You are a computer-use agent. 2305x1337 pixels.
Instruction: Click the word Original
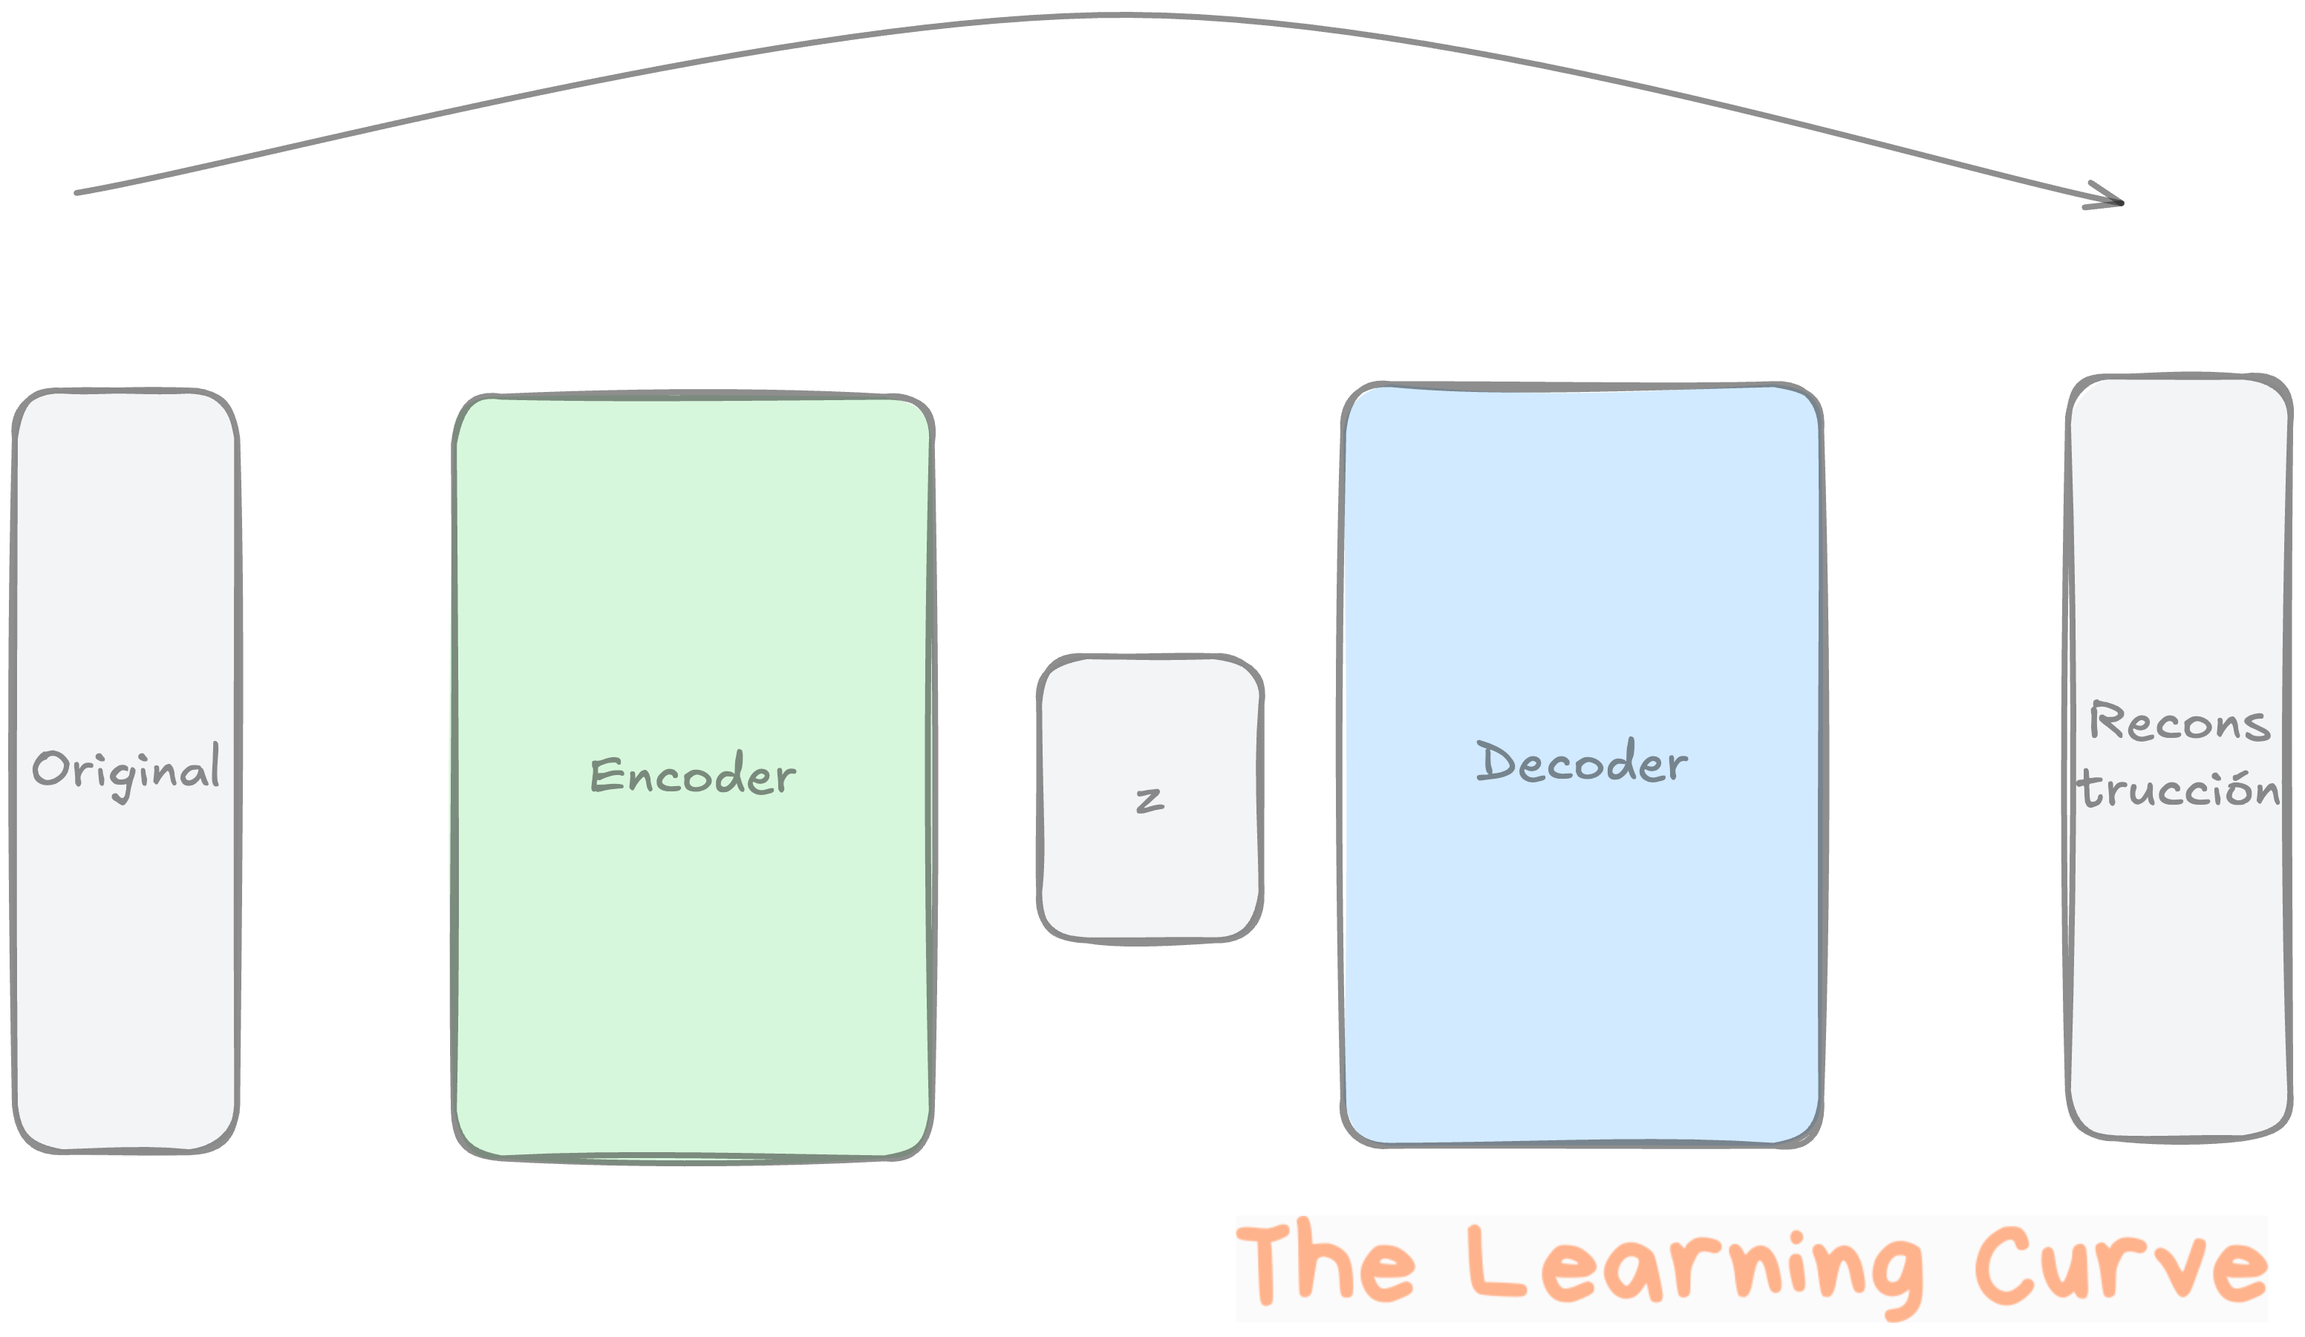pyautogui.click(x=126, y=770)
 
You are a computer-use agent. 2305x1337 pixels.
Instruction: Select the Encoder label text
pyautogui.click(x=692, y=777)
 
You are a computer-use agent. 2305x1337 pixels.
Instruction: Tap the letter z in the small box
pyautogui.click(x=1150, y=800)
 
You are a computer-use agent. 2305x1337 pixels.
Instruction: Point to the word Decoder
pyautogui.click(x=1582, y=762)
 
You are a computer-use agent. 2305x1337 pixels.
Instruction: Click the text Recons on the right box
pyautogui.click(x=2179, y=722)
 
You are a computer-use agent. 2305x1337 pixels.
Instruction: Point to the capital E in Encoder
pyautogui.click(x=605, y=776)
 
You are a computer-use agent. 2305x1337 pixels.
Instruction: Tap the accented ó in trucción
pyautogui.click(x=2235, y=788)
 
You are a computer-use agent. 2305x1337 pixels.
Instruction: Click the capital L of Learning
pyautogui.click(x=1495, y=1263)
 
